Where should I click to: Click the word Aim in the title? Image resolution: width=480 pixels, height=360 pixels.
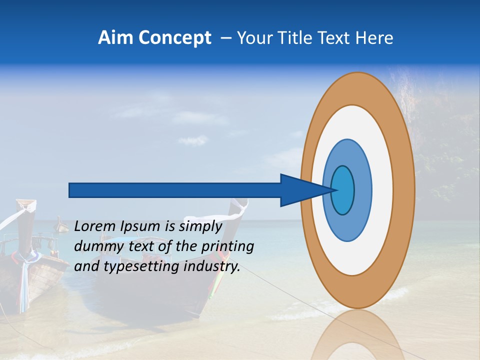point(114,38)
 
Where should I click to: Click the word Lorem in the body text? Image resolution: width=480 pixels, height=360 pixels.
point(95,226)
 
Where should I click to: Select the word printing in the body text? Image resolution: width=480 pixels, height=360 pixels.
point(226,247)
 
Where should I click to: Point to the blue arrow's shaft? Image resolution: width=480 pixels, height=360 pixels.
point(175,190)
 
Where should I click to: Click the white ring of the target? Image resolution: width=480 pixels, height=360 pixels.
point(382,190)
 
